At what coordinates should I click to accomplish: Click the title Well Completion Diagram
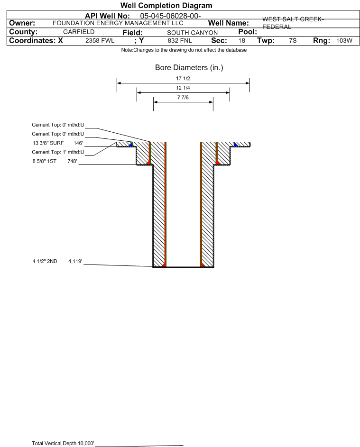coord(166,5)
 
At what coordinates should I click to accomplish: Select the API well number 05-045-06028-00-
coord(170,16)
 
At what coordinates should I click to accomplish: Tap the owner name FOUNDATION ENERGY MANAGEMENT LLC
coord(118,23)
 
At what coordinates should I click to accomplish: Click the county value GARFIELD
coord(79,32)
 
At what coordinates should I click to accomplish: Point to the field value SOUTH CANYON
coord(192,33)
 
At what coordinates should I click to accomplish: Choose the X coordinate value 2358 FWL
coord(100,41)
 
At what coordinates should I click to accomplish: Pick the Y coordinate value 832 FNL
coord(180,41)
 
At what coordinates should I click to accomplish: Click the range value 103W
coord(344,40)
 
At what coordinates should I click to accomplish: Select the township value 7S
coord(293,40)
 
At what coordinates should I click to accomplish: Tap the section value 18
coord(241,40)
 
